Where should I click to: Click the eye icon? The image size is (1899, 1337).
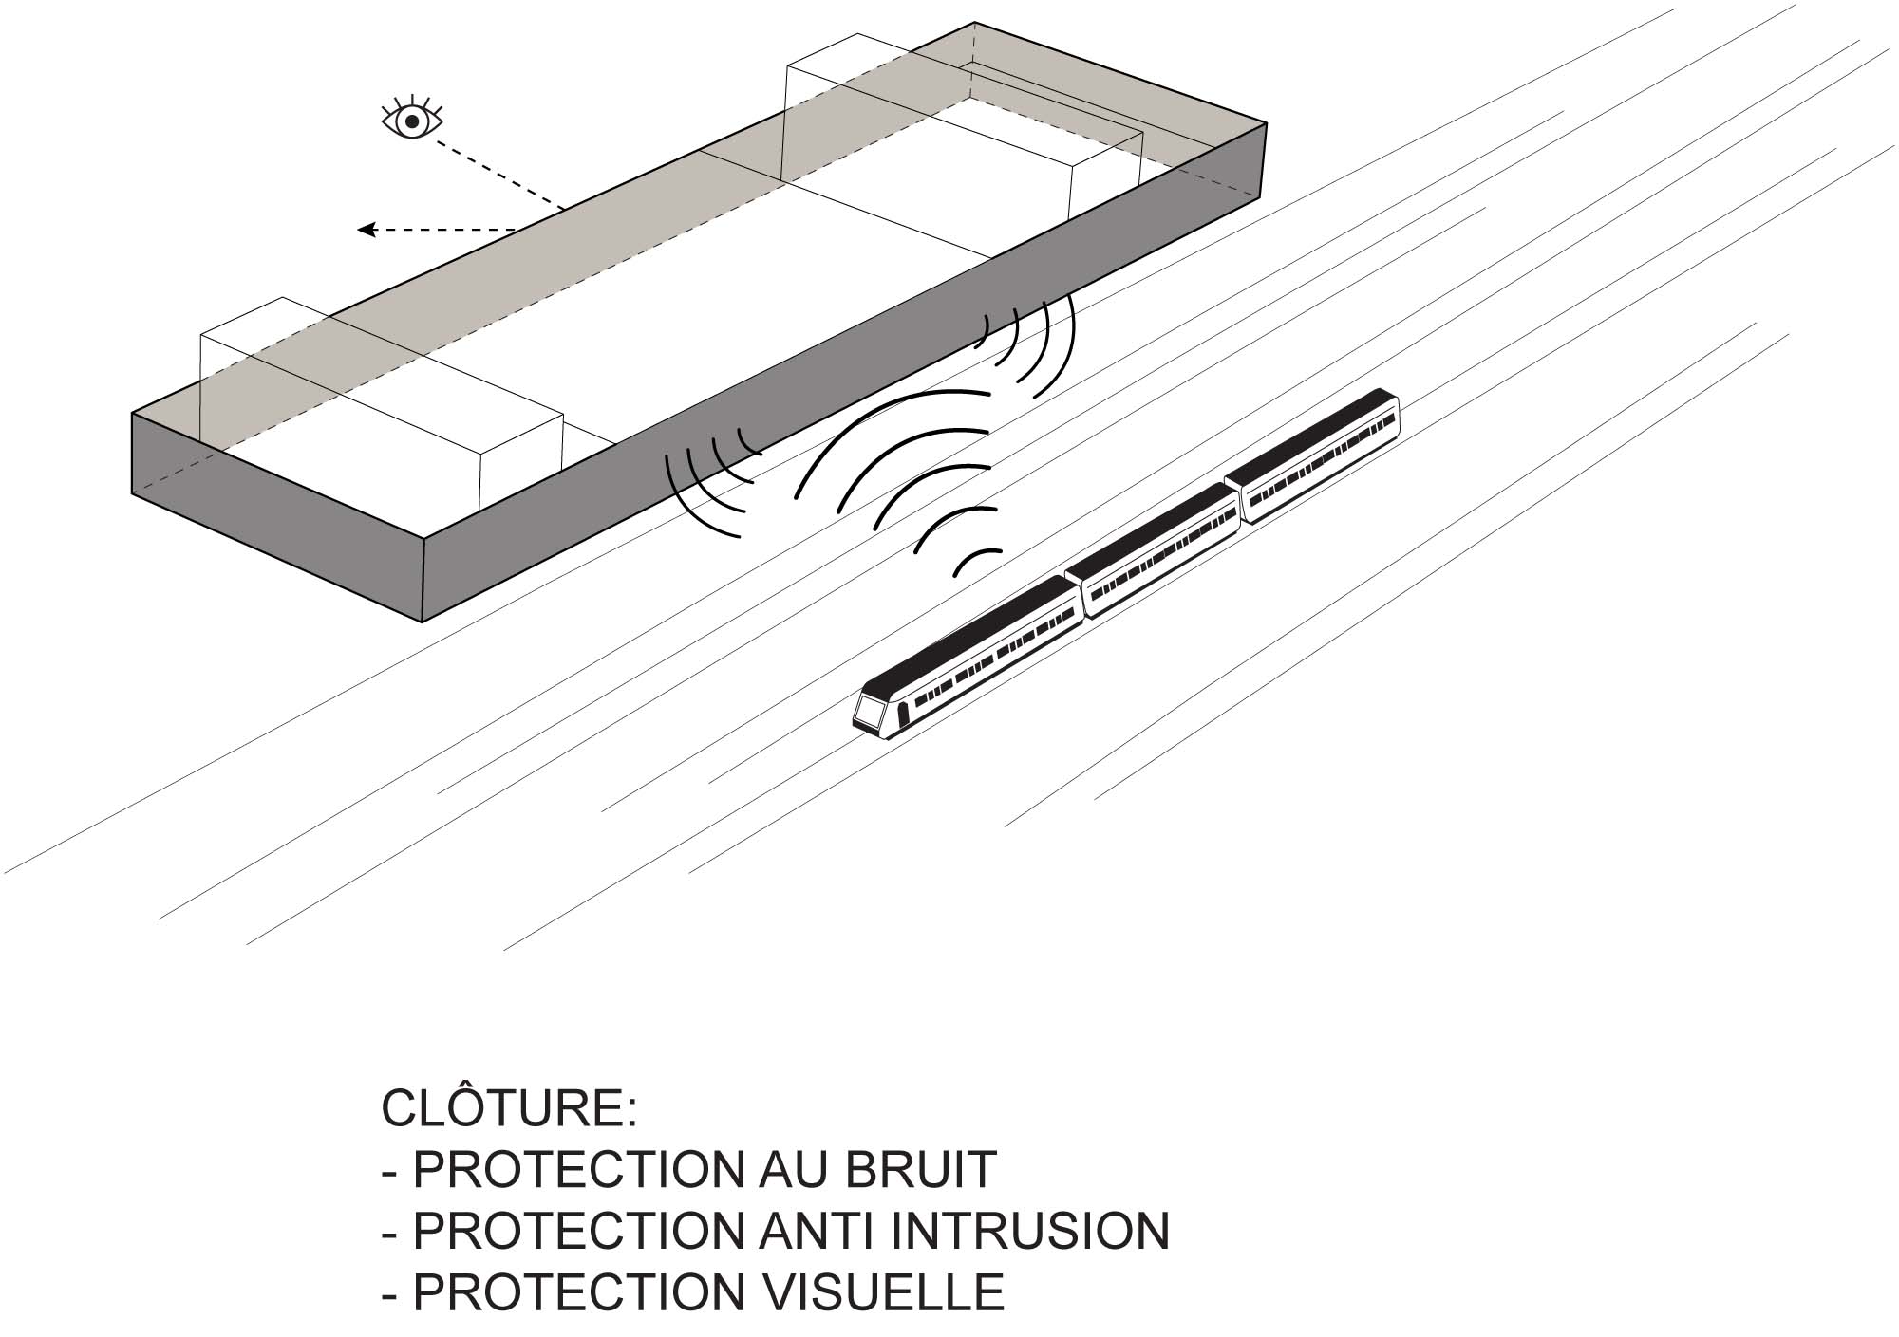click(410, 121)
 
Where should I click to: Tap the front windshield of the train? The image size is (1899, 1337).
click(868, 711)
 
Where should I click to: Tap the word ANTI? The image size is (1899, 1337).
click(812, 1231)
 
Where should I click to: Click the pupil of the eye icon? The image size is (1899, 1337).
click(411, 121)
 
